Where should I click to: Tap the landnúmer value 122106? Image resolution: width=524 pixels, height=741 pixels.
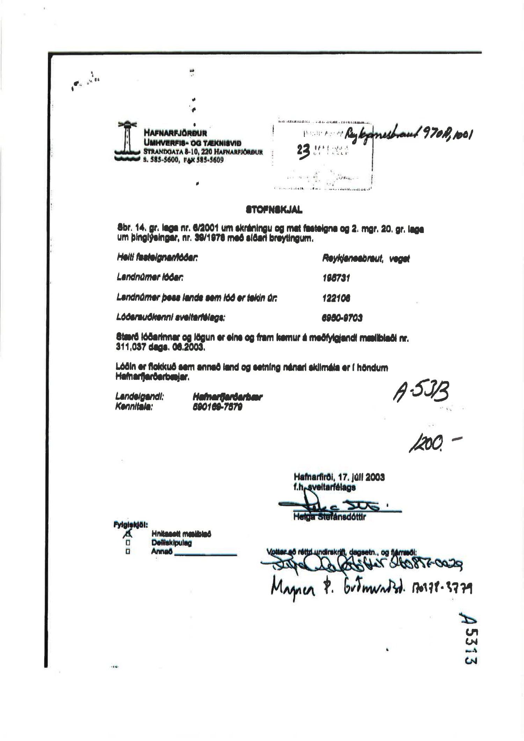pos(336,298)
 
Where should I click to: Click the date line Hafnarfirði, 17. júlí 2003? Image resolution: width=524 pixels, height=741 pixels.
pos(339,477)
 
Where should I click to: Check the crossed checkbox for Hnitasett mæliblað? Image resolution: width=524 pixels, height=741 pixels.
pos(128,533)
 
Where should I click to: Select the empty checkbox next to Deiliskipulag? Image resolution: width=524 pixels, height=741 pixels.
pos(128,543)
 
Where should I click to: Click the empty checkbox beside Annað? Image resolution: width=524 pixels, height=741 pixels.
pos(128,552)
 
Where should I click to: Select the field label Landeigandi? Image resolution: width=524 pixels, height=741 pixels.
pos(140,397)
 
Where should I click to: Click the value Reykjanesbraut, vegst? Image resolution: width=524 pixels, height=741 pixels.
pos(365,259)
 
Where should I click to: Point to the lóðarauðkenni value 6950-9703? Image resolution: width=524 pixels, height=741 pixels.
pos(342,318)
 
